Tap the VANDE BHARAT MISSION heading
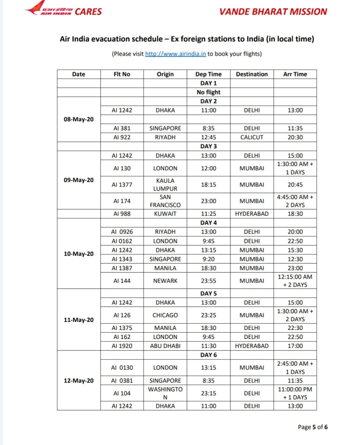pyautogui.click(x=273, y=11)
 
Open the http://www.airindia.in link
pyautogui.click(x=175, y=54)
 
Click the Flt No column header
pyautogui.click(x=122, y=74)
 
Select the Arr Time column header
pyautogui.click(x=295, y=74)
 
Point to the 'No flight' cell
pyautogui.click(x=208, y=92)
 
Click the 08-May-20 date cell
pyautogui.click(x=79, y=119)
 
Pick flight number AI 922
pyautogui.click(x=122, y=137)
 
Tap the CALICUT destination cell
pyautogui.click(x=252, y=137)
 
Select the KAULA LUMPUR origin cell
pyautogui.click(x=165, y=185)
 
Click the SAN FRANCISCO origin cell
pyautogui.click(x=165, y=201)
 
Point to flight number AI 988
pyautogui.click(x=122, y=214)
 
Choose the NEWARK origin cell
pyautogui.click(x=165, y=281)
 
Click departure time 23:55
pyautogui.click(x=208, y=281)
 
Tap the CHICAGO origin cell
pyautogui.click(x=165, y=315)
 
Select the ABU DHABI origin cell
pyautogui.click(x=165, y=346)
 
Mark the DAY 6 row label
pyautogui.click(x=208, y=355)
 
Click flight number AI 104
pyautogui.click(x=122, y=393)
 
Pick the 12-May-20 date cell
pyautogui.click(x=79, y=381)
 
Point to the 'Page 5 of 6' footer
pyautogui.click(x=312, y=427)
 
